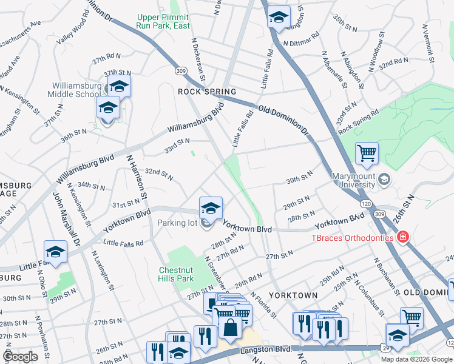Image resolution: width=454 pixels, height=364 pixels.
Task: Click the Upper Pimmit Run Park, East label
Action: (163, 21)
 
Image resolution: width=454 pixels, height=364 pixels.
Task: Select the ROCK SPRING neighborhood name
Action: (206, 92)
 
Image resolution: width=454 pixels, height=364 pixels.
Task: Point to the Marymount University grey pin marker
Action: (384, 180)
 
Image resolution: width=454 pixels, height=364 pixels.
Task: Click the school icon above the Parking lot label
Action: (211, 207)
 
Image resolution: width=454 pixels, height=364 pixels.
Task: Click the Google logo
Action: (20, 357)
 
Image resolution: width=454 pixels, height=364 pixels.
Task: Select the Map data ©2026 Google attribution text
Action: (416, 359)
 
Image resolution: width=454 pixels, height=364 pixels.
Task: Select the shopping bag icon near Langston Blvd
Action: (231, 329)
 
